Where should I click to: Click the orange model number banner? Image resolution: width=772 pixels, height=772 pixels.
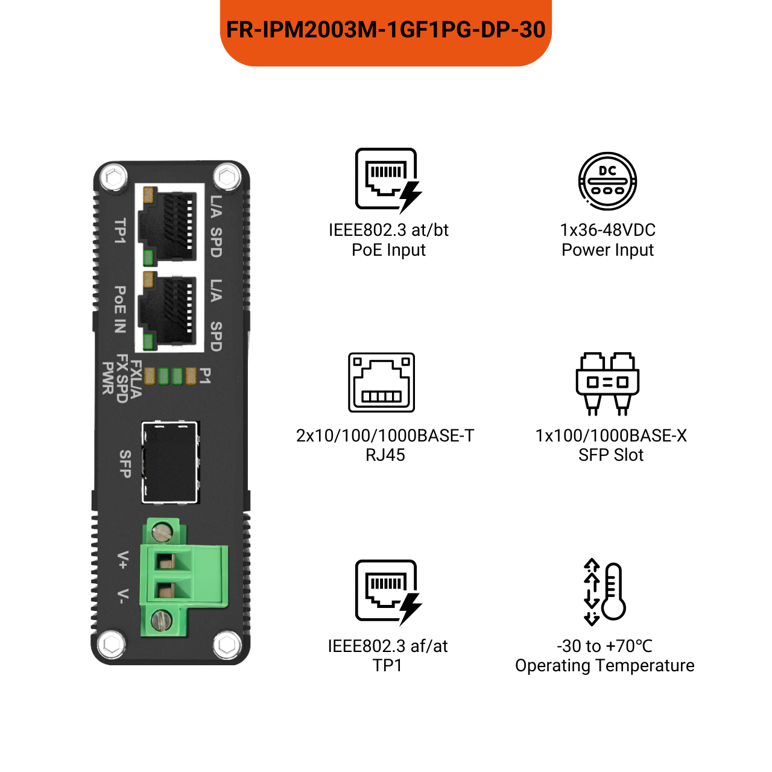coord(386,30)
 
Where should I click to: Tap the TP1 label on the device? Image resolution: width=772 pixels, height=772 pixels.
coord(120,231)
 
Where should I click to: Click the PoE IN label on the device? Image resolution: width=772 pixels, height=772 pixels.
coord(120,309)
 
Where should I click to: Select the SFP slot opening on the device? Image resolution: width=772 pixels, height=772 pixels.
coord(171,462)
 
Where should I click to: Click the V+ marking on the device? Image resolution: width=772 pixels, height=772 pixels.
coord(122,560)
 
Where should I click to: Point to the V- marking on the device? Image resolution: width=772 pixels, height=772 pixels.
coord(122,596)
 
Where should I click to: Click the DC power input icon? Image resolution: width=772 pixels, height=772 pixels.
coord(607,181)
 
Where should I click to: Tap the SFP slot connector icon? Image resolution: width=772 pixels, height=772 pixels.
coord(607,384)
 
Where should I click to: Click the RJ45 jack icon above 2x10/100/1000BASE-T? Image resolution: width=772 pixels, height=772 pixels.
coord(382,382)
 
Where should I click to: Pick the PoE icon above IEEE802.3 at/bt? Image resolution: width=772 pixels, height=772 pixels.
coord(388,180)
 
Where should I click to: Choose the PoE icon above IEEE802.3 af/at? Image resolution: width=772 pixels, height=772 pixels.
coord(388,592)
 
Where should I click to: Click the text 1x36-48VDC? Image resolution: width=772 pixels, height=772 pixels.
coord(607,230)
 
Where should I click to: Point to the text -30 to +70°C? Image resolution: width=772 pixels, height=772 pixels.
coord(604,646)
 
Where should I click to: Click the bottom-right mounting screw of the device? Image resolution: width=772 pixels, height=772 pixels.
coord(227,645)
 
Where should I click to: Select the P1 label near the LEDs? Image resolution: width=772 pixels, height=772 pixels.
coord(205,376)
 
